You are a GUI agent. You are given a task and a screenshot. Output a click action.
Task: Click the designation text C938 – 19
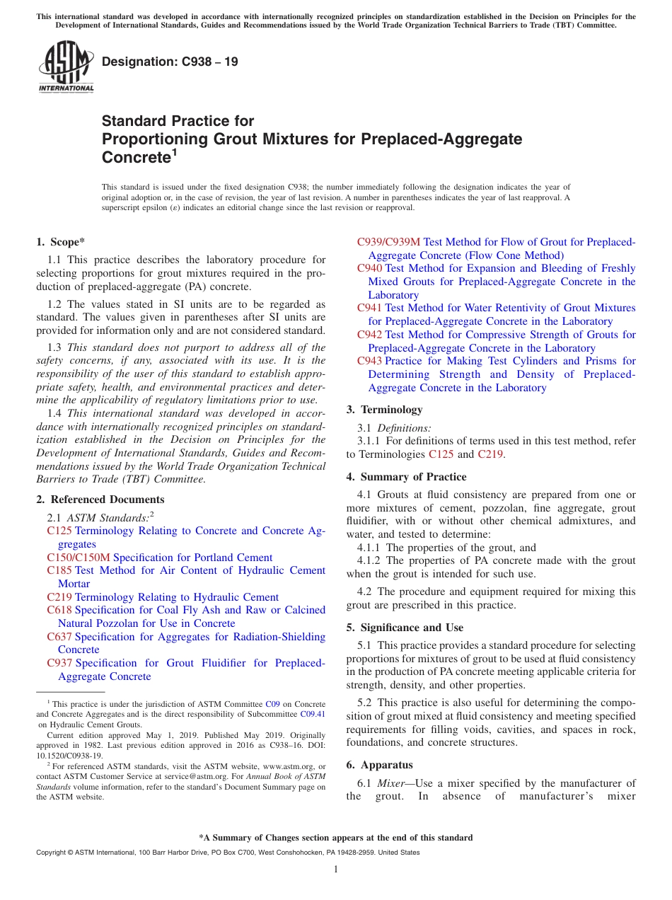pos(170,62)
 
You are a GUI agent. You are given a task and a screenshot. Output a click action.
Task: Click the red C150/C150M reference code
pos(79,558)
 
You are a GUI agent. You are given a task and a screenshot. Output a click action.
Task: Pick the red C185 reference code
pos(59,570)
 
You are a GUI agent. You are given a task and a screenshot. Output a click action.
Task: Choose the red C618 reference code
pos(59,610)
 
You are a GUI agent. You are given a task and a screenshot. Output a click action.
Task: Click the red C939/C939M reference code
pos(388,242)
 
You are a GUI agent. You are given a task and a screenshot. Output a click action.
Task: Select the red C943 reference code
pos(369,362)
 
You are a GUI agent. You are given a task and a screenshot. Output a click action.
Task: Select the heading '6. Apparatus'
pos(379,765)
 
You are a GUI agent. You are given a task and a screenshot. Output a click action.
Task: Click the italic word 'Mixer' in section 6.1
pos(390,783)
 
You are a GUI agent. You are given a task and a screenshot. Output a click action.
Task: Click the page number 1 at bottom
pos(336,870)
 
